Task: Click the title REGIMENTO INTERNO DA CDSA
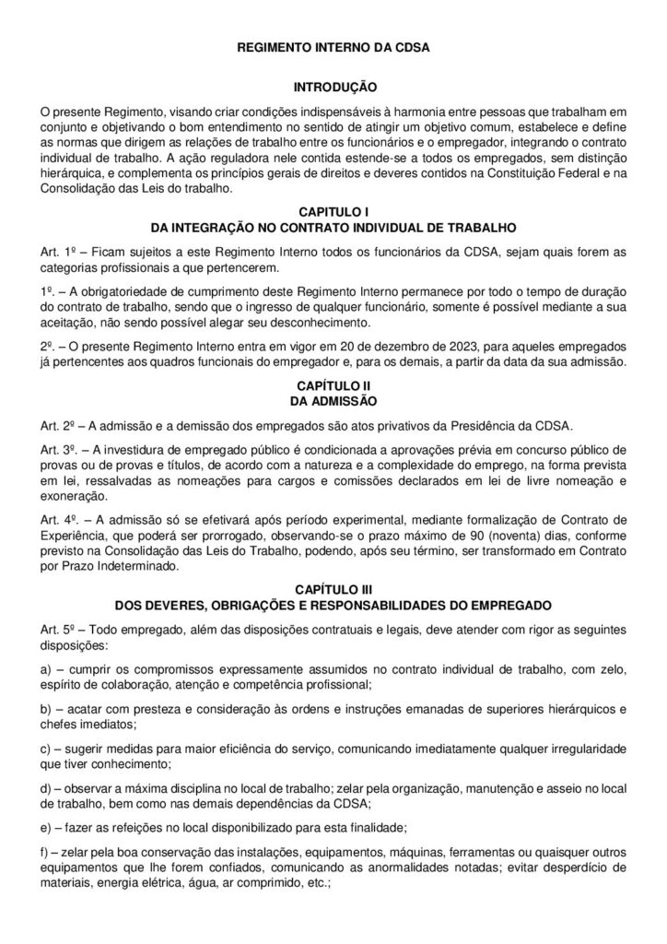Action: [334, 43]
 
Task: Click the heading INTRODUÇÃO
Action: [334, 87]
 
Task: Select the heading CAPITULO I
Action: [334, 212]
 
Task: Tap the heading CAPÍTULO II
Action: [334, 384]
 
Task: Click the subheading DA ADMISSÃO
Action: [334, 400]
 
